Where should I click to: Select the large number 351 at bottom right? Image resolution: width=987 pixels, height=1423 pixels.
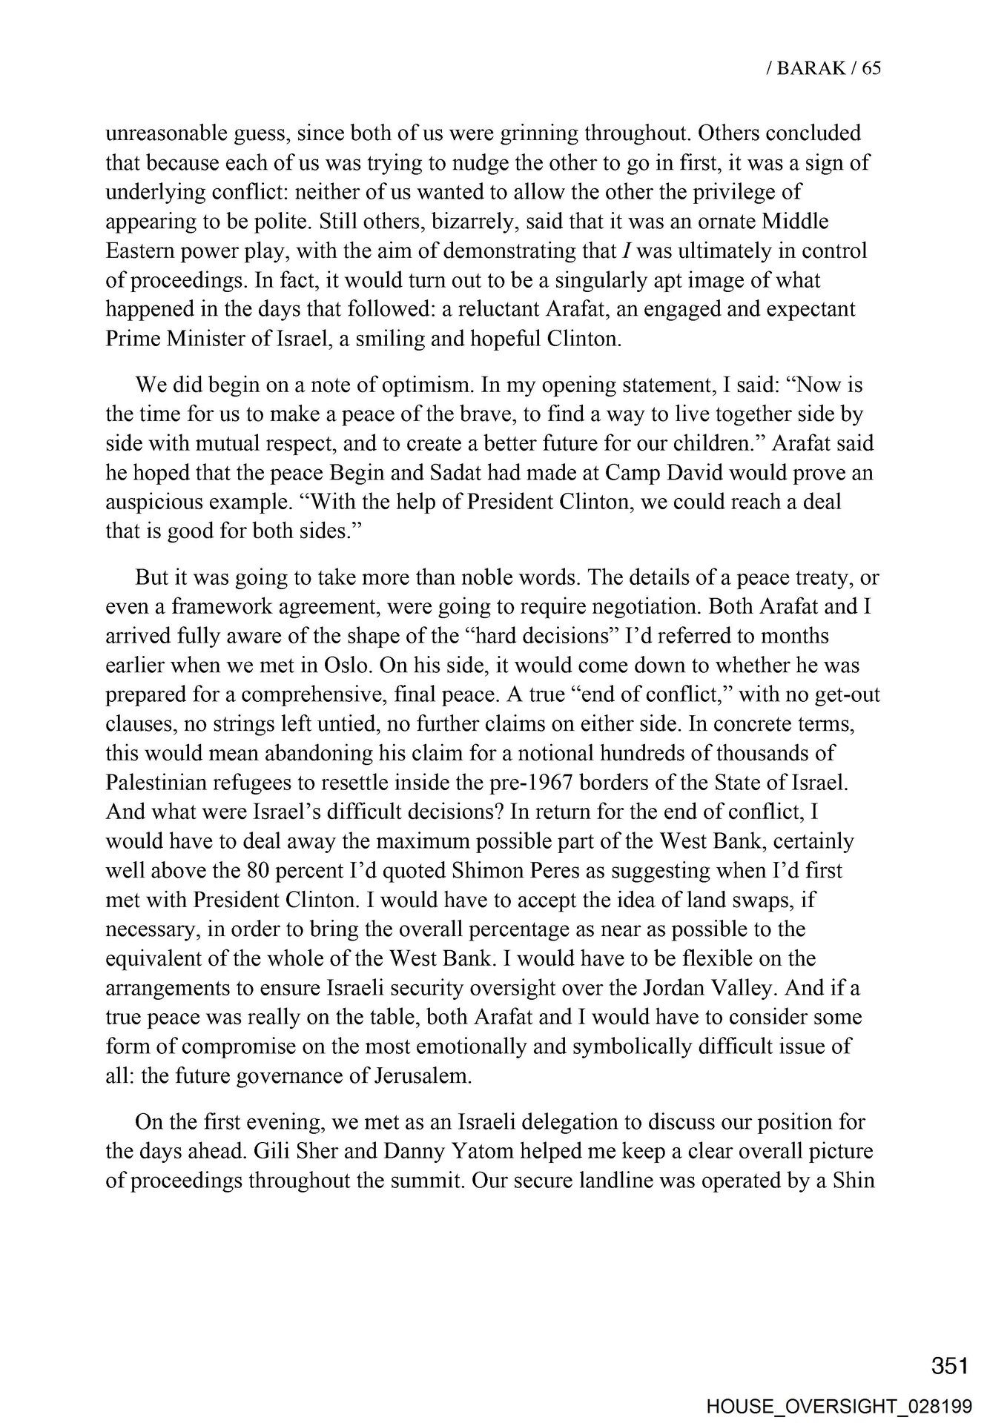click(950, 1366)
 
